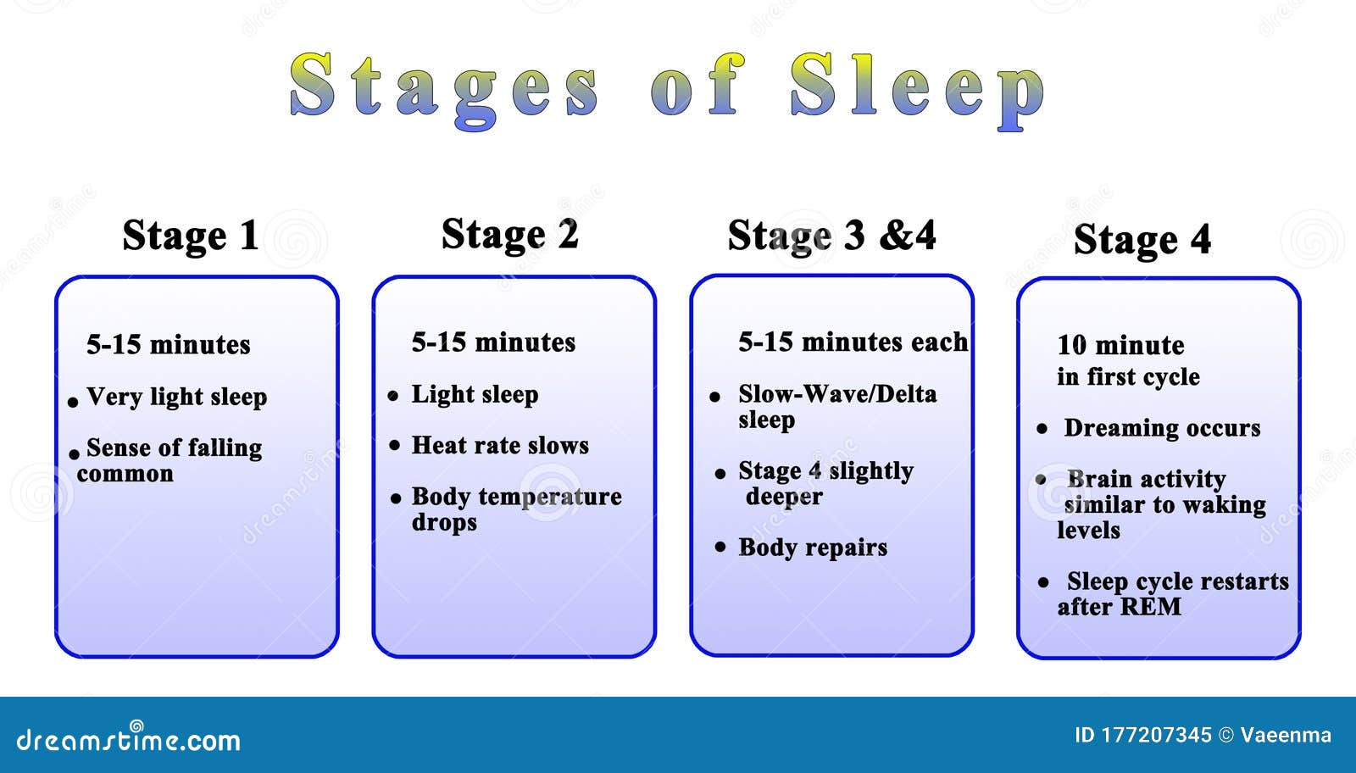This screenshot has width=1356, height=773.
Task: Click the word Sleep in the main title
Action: (917, 91)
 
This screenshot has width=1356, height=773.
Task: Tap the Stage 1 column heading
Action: (191, 236)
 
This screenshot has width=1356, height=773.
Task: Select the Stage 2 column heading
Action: (509, 234)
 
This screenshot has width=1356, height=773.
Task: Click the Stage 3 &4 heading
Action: (831, 236)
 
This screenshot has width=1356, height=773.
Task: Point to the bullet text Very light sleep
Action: (177, 397)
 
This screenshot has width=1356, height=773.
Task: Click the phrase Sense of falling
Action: (175, 448)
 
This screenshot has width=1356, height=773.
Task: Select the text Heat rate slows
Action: (500, 446)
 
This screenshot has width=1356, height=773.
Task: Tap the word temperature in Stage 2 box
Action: (550, 498)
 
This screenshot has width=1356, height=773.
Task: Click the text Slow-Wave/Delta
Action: (837, 394)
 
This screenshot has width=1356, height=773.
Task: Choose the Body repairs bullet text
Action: (813, 548)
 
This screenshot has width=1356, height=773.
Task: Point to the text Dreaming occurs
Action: (1162, 428)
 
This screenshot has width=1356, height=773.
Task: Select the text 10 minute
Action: (1120, 345)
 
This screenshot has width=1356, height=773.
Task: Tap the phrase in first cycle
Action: (1128, 377)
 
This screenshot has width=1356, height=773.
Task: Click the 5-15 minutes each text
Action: (853, 342)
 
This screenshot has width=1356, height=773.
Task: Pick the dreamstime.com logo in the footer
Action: (128, 738)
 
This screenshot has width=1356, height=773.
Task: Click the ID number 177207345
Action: (1156, 735)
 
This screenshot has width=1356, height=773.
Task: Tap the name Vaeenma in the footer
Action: (1286, 735)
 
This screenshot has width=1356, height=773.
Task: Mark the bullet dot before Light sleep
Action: (393, 396)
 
